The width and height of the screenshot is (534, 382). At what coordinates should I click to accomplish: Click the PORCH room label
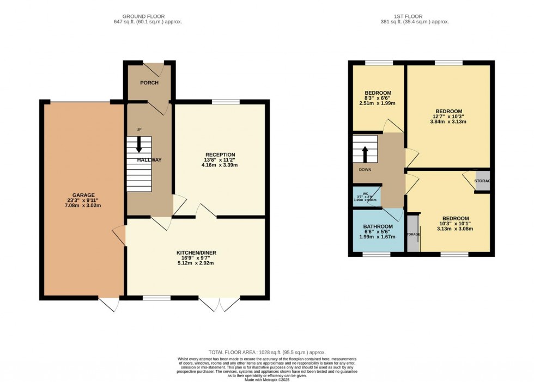click(x=149, y=83)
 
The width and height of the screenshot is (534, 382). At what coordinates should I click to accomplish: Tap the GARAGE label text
click(x=84, y=195)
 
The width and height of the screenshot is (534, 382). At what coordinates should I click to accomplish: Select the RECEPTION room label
click(x=220, y=155)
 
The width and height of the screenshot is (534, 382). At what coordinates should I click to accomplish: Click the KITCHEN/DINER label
click(x=195, y=253)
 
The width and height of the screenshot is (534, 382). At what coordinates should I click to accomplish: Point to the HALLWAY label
click(x=149, y=159)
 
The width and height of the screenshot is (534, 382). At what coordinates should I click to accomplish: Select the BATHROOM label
click(x=378, y=226)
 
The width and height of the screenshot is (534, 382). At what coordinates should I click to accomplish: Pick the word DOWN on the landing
click(x=365, y=169)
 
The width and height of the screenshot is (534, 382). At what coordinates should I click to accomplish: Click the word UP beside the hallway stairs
click(x=139, y=130)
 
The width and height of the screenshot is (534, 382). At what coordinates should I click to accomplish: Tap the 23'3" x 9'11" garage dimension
click(x=84, y=200)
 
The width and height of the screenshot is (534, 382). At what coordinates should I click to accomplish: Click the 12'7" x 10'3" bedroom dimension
click(x=447, y=116)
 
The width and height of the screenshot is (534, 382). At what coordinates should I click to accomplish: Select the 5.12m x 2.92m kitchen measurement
click(x=195, y=263)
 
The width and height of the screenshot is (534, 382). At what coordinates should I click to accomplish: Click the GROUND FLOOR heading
click(x=144, y=16)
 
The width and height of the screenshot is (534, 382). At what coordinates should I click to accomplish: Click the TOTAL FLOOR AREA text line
click(x=267, y=353)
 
